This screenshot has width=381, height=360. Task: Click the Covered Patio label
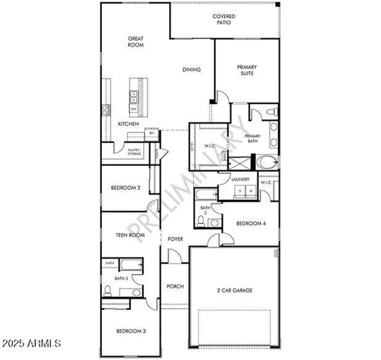tap(224, 20)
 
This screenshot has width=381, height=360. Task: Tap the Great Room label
tap(136, 41)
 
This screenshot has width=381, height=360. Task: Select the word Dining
tap(192, 70)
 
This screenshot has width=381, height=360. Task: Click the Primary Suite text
tap(247, 70)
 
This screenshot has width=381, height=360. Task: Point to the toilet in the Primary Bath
tap(271, 112)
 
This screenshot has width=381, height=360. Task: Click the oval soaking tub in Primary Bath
tap(267, 162)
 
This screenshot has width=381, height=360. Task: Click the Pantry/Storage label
tap(134, 152)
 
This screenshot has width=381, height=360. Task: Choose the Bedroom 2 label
tap(125, 188)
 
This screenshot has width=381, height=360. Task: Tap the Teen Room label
tap(130, 235)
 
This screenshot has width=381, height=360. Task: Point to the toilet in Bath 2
tap(108, 290)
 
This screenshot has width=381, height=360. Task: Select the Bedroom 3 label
tap(131, 331)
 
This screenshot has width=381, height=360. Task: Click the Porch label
tap(175, 287)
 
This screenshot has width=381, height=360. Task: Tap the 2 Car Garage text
tap(233, 290)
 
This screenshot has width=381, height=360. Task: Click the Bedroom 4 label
tap(251, 223)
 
